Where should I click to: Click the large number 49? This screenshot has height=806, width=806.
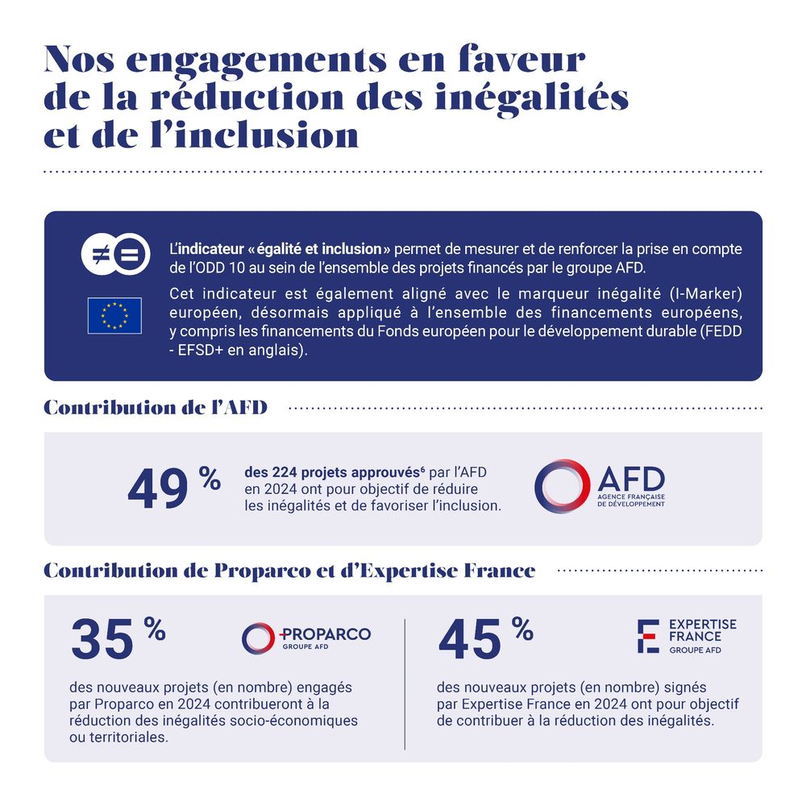158,491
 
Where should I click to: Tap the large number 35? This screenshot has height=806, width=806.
102,641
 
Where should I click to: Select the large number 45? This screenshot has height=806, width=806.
470,641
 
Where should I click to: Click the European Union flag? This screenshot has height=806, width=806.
114,315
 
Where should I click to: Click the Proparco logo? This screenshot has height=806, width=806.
306,637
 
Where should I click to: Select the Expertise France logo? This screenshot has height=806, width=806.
686,637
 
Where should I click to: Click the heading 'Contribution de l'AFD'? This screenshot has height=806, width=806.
156,408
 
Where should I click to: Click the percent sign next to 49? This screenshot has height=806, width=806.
210,480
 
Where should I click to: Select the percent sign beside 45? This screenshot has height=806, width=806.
521,629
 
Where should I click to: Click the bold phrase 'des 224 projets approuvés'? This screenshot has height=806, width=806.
319,473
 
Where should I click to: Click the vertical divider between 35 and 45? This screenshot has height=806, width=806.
405,683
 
